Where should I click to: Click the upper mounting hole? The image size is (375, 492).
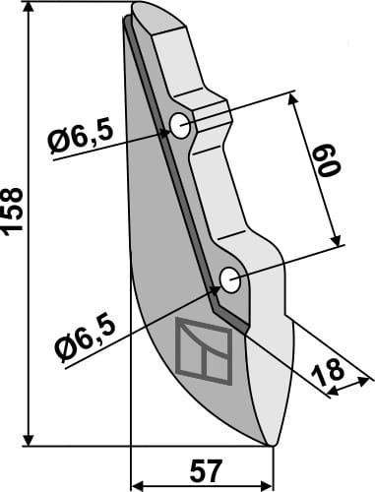tap(180, 125)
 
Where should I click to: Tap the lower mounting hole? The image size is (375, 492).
tap(230, 280)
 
